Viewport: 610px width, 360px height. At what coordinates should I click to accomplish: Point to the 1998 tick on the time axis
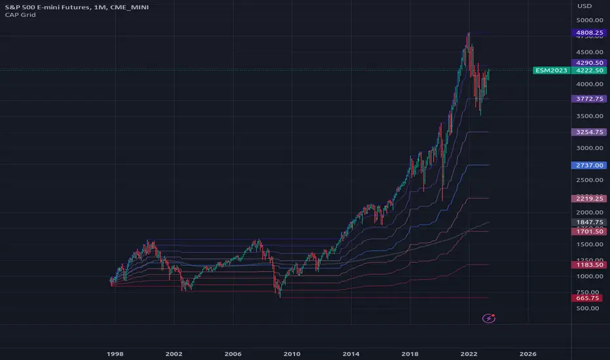[115, 353]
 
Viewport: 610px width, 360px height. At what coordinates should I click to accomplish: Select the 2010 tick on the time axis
[292, 353]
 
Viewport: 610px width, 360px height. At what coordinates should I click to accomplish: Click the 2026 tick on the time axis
[528, 353]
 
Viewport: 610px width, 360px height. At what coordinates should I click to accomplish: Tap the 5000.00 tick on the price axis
[586, 20]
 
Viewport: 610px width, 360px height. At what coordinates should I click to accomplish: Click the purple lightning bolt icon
[489, 318]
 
